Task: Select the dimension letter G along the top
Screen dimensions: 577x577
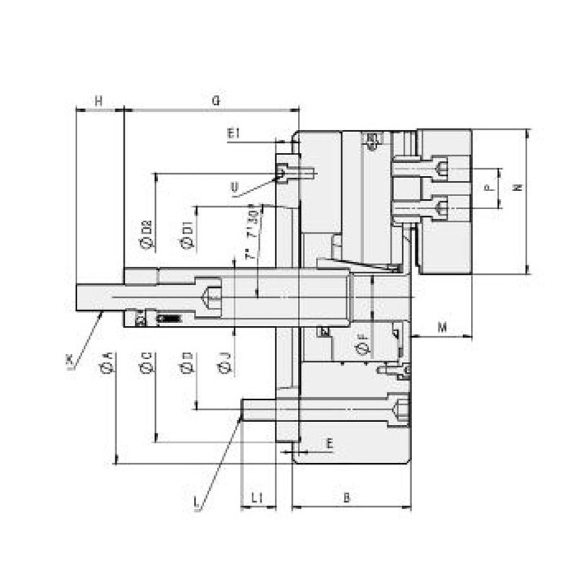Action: [215, 102]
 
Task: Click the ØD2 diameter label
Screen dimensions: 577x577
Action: [146, 234]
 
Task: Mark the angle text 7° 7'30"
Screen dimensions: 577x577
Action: [252, 235]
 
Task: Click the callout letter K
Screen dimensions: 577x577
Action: [69, 358]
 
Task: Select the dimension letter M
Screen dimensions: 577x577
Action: [443, 327]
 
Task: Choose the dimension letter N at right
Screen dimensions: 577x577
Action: [517, 187]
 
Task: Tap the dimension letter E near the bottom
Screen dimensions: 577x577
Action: [329, 443]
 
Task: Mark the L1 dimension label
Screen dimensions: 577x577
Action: [257, 498]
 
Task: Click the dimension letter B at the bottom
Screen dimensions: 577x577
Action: [346, 498]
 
